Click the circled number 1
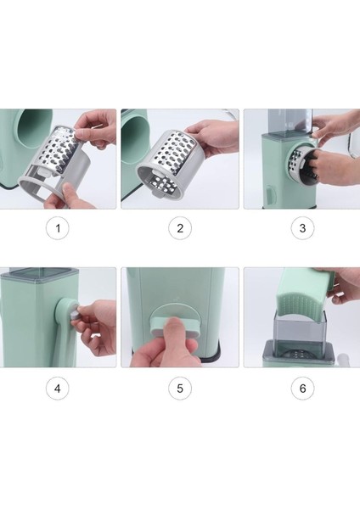[x=58, y=228]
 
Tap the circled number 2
[x=180, y=228]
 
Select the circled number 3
[x=302, y=228]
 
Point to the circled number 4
[x=58, y=389]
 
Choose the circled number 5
[x=180, y=389]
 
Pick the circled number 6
[x=302, y=389]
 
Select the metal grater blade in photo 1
[x=60, y=149]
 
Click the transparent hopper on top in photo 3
[x=291, y=123]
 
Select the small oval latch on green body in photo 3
[x=270, y=194]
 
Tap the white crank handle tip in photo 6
[x=343, y=360]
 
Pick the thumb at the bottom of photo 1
[x=66, y=194]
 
